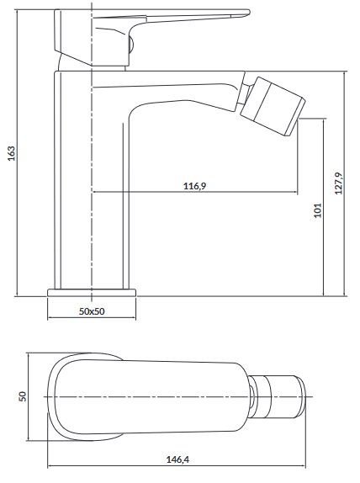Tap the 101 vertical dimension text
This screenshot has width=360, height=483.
point(315,210)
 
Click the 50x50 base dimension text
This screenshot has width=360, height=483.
point(92,310)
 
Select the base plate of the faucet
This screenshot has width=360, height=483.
point(92,292)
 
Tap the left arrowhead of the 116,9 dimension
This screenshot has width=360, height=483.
point(95,192)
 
